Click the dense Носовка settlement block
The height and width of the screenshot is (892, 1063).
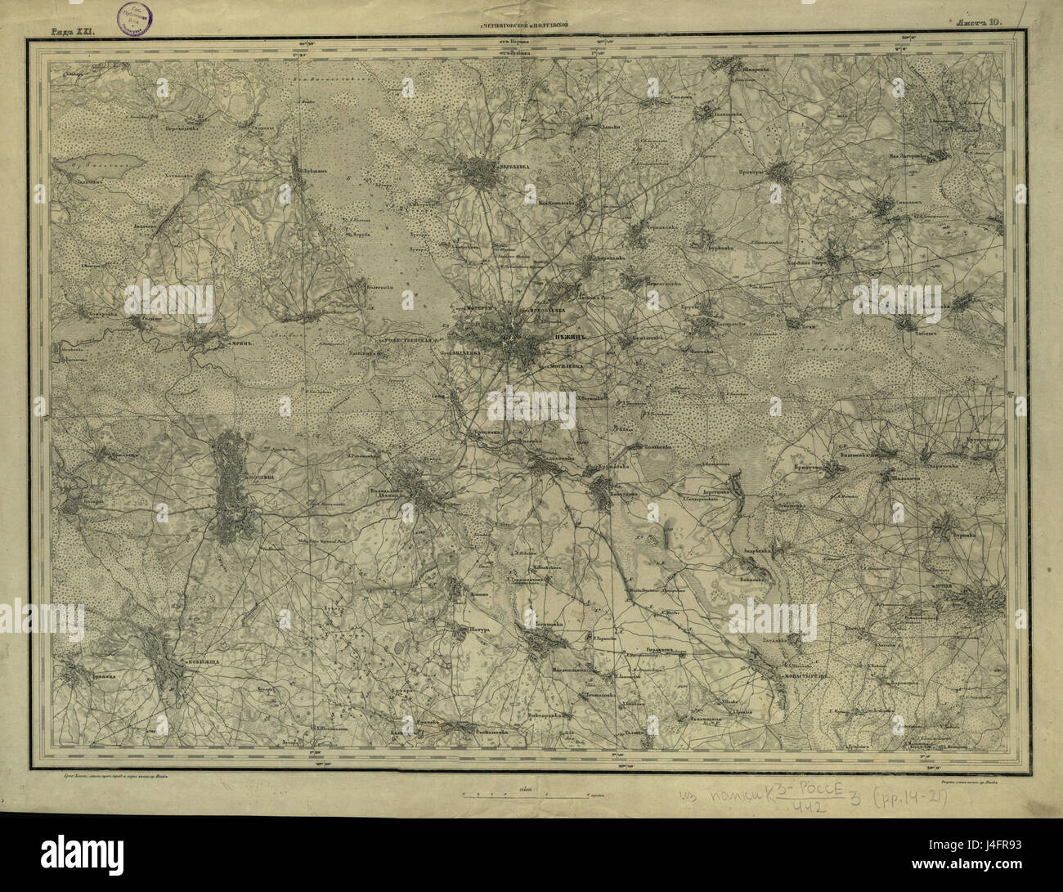coord(231,491)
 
